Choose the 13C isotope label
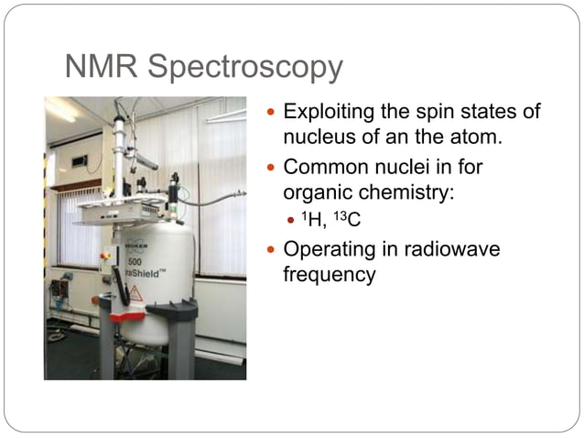(347, 220)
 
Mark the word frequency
(330, 274)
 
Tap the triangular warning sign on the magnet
(135, 292)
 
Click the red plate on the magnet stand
(127, 315)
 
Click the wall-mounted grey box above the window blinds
(80, 161)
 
